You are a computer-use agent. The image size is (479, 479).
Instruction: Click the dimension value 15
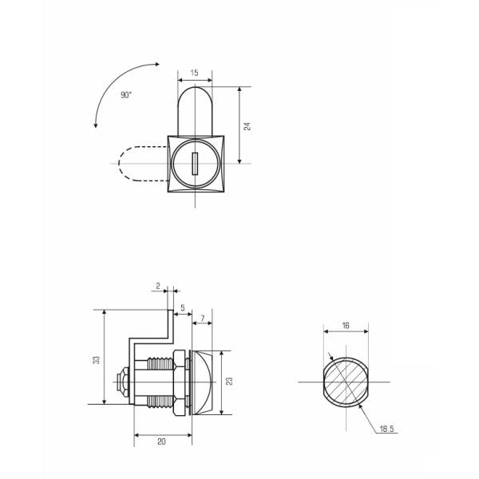pyautogui.click(x=194, y=73)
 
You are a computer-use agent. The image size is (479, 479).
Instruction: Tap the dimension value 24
pyautogui.click(x=247, y=126)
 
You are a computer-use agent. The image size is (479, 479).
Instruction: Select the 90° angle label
pyautogui.click(x=126, y=95)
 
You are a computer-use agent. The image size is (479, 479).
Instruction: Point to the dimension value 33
pyautogui.click(x=97, y=360)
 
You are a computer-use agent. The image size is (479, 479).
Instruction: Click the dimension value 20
pyautogui.click(x=161, y=441)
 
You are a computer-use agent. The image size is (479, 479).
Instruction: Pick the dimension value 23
pyautogui.click(x=230, y=381)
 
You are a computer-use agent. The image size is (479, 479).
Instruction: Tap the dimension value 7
pyautogui.click(x=202, y=319)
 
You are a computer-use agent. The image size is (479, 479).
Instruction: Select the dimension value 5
pyautogui.click(x=183, y=308)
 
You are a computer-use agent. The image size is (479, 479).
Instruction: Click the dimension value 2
pyautogui.click(x=158, y=286)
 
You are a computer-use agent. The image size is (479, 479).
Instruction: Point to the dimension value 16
pyautogui.click(x=346, y=326)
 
